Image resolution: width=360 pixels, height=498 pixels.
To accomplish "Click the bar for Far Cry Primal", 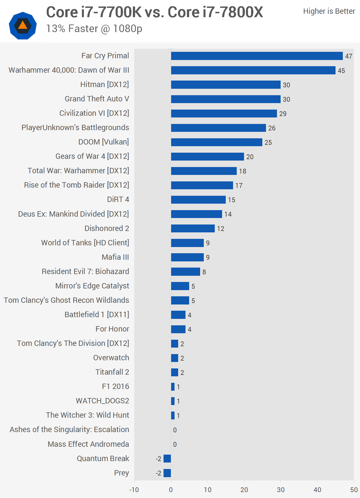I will (257, 56).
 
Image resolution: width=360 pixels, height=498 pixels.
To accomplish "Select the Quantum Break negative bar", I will (167, 459).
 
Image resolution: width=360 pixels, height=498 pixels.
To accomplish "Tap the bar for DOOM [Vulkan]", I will (216, 142).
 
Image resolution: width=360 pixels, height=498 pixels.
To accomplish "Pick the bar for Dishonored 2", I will (193, 228).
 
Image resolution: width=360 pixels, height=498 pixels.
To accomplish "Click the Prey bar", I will (167, 473).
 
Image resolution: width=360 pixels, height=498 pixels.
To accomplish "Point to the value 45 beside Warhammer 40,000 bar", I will (341, 71).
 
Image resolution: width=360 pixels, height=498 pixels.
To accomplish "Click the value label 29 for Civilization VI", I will (283, 114).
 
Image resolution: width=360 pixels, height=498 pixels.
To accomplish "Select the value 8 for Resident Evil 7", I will (204, 272).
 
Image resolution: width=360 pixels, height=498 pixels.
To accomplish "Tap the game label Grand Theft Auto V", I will (97, 99).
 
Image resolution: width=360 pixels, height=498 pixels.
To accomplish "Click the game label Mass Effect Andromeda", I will (88, 444).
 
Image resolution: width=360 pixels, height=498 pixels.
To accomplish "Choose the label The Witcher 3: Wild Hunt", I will (88, 415).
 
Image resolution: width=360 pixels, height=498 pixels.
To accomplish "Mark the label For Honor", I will (112, 329).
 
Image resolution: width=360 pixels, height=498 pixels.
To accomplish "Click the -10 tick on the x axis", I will (134, 490).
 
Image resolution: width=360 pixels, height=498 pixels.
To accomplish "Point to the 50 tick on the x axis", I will (354, 490).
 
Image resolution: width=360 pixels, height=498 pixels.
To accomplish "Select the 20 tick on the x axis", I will (244, 490).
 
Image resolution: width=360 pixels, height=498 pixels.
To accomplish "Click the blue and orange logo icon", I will (23, 26).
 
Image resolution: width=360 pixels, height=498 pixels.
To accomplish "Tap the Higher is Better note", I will (329, 11).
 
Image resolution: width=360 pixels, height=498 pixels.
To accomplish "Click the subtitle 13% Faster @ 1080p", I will (94, 29).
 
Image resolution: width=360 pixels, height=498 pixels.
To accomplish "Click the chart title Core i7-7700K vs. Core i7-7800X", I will (155, 12).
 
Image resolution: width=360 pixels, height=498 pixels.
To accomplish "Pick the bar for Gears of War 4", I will (207, 157).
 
